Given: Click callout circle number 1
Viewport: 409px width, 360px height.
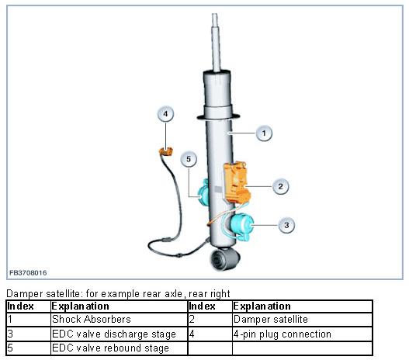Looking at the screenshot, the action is coord(264,133).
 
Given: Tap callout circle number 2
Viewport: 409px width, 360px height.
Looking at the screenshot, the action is coord(280,186).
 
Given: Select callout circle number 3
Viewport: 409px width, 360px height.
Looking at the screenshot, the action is coord(286,225).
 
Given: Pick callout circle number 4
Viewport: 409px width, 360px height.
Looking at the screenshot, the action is coord(165,114).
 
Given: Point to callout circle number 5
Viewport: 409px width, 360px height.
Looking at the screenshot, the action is coord(189,159).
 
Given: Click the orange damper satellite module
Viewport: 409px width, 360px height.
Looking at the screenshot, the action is coord(236,182).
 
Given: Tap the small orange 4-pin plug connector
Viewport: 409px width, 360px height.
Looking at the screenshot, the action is coord(166,151).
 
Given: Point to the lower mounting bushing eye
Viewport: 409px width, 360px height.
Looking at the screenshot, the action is coord(224,259).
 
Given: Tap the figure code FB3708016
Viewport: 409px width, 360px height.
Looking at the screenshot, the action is coord(28,273).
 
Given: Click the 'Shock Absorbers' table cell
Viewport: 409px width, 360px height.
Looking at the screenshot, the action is coord(119,320).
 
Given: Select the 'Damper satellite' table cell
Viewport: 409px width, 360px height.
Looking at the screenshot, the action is coord(302,320).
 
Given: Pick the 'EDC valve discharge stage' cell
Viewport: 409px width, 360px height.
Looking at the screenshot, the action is coord(119,334).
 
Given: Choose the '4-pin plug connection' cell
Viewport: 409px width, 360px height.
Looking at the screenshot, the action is coord(302,334).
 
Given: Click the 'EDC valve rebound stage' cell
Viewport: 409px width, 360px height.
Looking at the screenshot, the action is coord(119,348).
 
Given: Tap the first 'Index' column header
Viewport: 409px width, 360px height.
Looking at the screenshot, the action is coord(21,306).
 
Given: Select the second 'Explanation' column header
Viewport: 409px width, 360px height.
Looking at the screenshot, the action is coord(262,306).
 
